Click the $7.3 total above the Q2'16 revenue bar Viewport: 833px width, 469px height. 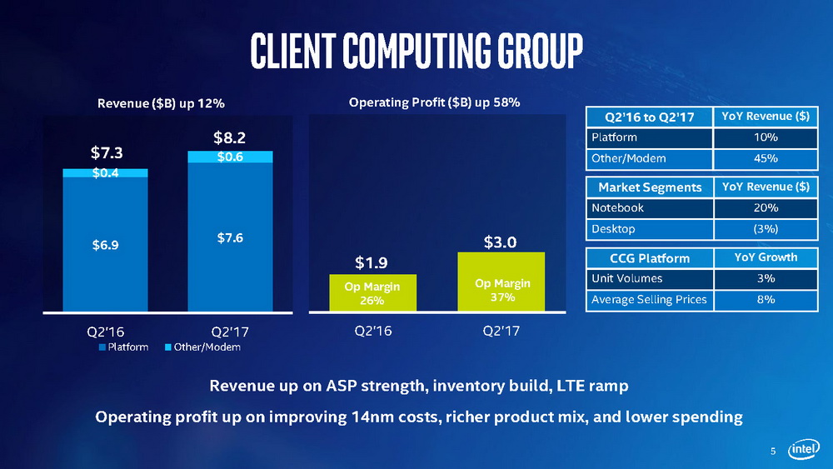pos(105,153)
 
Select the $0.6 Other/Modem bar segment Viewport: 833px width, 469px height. pos(230,157)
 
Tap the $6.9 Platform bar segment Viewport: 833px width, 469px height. pos(105,244)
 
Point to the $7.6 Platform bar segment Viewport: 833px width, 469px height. pos(230,237)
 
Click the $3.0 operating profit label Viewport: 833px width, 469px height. pos(501,242)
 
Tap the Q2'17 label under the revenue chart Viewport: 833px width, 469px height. pos(230,329)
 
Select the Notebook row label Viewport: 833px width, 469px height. pos(617,208)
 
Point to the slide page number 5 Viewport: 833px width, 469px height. pos(772,452)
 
